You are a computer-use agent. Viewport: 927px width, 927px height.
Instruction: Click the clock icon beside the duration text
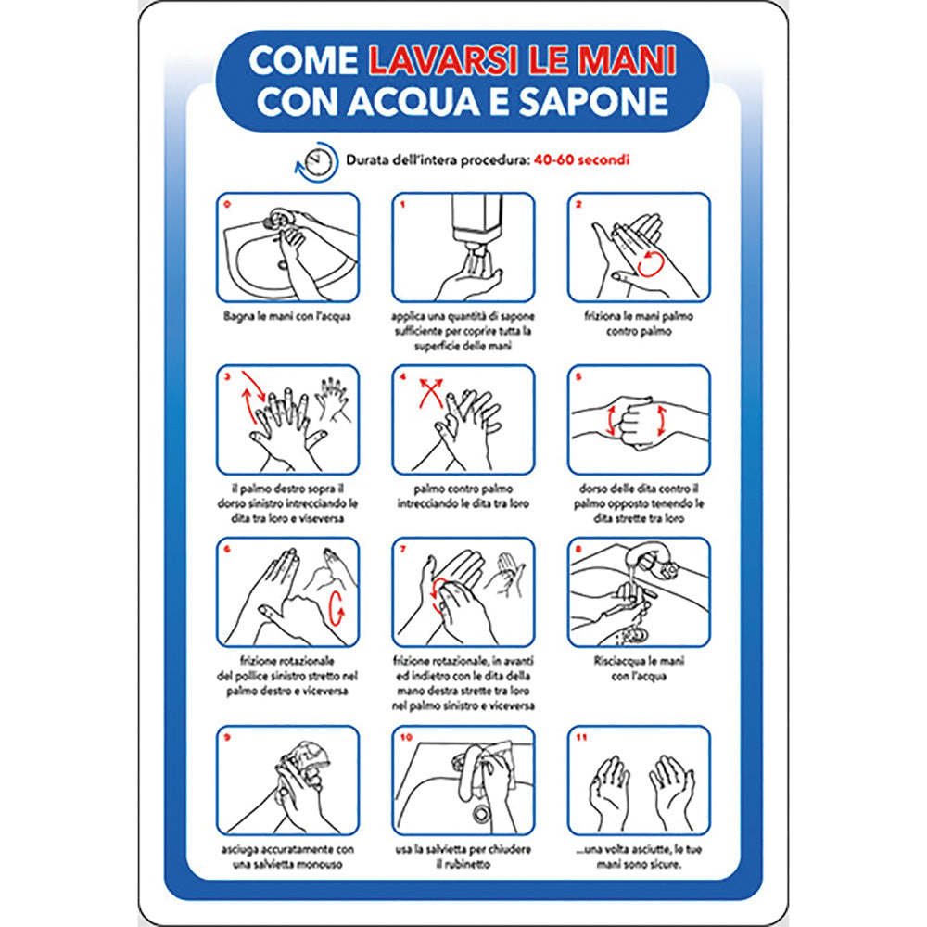pos(317,161)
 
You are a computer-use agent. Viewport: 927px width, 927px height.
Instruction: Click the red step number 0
pos(222,201)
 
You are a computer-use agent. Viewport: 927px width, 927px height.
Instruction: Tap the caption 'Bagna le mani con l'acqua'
pos(286,317)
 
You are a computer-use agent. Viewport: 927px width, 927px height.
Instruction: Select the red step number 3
pos(223,375)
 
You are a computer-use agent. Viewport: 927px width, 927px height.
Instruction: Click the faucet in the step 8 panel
pos(653,562)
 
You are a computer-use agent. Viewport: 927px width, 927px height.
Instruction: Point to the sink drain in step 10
pos(480,812)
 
